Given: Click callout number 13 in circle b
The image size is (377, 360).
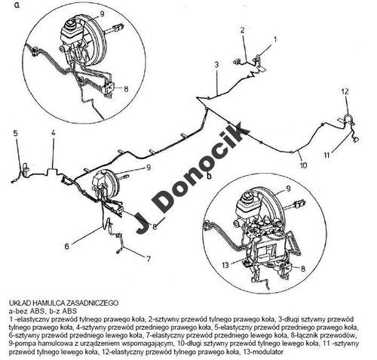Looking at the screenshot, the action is pyautogui.click(x=225, y=265).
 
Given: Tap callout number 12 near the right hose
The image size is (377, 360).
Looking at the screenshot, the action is pyautogui.click(x=345, y=91).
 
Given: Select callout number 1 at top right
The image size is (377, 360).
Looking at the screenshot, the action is pyautogui.click(x=275, y=39).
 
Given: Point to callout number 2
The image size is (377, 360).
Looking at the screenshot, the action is pyautogui.click(x=242, y=30).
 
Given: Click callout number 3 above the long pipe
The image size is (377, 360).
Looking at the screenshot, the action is pyautogui.click(x=216, y=64).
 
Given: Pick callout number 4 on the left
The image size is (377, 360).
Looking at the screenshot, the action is pyautogui.click(x=54, y=133).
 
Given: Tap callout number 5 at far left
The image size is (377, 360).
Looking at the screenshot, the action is pyautogui.click(x=16, y=133).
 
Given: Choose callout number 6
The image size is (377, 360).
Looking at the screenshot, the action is pyautogui.click(x=66, y=246).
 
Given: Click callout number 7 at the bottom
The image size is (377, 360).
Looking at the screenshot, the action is pyautogui.click(x=149, y=258).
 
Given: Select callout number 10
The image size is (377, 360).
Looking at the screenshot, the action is pyautogui.click(x=303, y=165).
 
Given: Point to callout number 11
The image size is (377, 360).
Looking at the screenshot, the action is pyautogui.click(x=326, y=155).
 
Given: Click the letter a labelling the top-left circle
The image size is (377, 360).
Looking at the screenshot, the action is pyautogui.click(x=17, y=5).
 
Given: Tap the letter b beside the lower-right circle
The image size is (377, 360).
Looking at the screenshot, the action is pyautogui.click(x=209, y=175).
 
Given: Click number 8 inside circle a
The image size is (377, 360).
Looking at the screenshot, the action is pyautogui.click(x=126, y=89).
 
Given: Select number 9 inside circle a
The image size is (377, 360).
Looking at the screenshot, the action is pyautogui.click(x=102, y=14).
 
